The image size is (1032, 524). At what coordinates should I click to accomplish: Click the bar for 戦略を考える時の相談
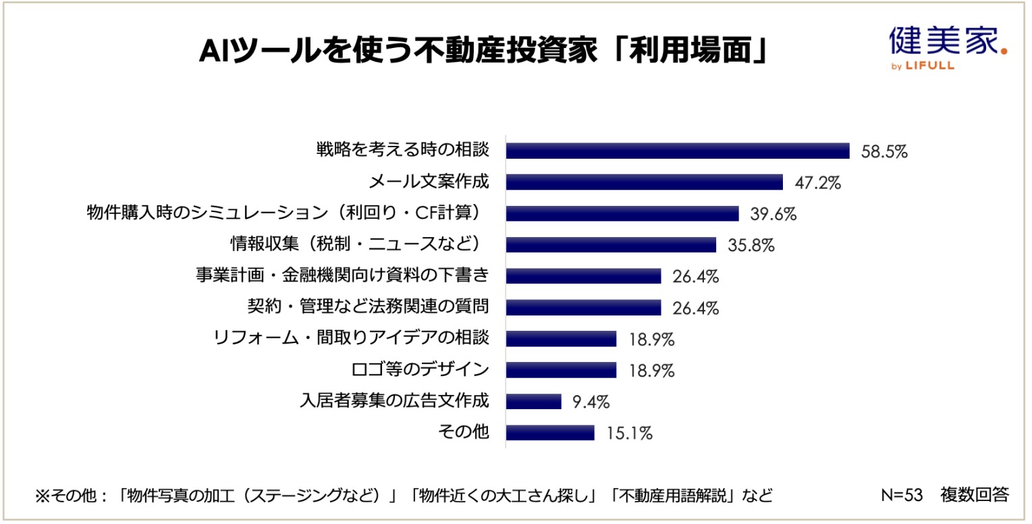click(677, 151)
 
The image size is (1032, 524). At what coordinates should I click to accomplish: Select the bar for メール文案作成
click(644, 182)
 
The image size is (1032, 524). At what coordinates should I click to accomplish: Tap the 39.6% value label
click(773, 214)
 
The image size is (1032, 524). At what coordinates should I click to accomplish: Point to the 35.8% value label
click(751, 245)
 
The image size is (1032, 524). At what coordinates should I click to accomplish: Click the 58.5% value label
click(884, 151)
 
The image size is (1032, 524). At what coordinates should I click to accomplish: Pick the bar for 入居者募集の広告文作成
click(533, 402)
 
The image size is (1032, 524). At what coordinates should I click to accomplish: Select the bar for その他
click(550, 433)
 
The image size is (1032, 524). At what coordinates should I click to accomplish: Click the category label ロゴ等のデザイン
click(420, 370)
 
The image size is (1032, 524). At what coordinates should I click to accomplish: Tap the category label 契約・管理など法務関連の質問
click(368, 307)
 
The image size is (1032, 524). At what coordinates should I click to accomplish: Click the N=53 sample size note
click(902, 495)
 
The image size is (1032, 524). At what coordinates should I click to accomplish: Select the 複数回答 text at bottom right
click(975, 495)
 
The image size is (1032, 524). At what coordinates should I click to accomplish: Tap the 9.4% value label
click(591, 402)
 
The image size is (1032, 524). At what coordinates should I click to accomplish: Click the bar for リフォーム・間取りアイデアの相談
click(561, 339)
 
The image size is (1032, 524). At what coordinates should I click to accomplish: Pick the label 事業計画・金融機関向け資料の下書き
click(342, 276)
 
